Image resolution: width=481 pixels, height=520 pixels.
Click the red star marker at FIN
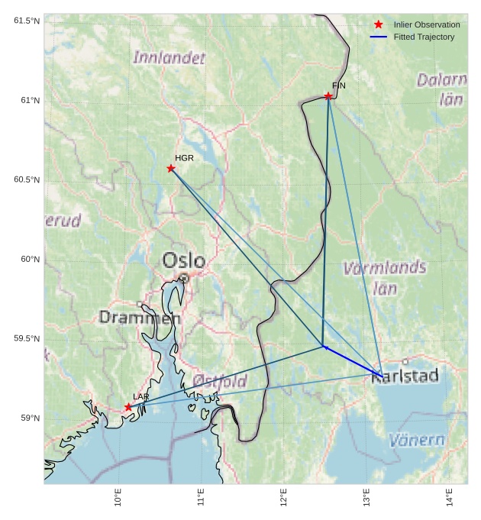pyautogui.click(x=328, y=96)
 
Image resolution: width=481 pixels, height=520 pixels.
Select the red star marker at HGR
pyautogui.click(x=171, y=168)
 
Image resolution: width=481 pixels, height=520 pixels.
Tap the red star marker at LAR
pyautogui.click(x=128, y=407)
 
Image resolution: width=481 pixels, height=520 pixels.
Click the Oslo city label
pyautogui.click(x=183, y=261)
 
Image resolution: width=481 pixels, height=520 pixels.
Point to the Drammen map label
pyautogui.click(x=140, y=317)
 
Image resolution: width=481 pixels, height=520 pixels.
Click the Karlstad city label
pyautogui.click(x=405, y=376)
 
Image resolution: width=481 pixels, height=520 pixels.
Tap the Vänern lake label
pyautogui.click(x=417, y=440)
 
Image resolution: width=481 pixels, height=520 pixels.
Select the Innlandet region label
pyautogui.click(x=169, y=57)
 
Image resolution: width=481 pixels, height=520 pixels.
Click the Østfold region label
pyautogui.click(x=220, y=381)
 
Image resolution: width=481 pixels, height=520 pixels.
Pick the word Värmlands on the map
pyautogui.click(x=384, y=268)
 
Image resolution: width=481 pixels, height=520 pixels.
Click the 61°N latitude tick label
pyautogui.click(x=27, y=100)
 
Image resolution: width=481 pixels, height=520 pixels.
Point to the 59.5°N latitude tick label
pyautogui.click(x=27, y=338)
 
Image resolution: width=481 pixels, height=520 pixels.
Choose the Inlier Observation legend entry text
pyautogui.click(x=426, y=25)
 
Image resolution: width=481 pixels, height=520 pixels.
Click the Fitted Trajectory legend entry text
pyautogui.click(x=424, y=37)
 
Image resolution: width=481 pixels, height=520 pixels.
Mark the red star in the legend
pyautogui.click(x=379, y=24)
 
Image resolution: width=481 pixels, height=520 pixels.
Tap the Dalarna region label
pyautogui.click(x=442, y=79)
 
